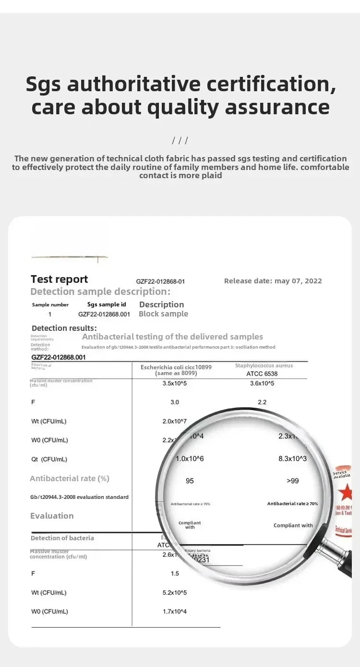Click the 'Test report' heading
pos(59,279)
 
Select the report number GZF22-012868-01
pos(160,281)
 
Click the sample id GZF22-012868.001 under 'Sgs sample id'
pos(104,314)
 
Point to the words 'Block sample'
pos(163,314)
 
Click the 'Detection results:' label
pos(64,328)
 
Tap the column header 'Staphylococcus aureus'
pos(264,365)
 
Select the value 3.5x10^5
pos(174,383)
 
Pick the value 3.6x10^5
pos(262,383)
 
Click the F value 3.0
pos(174,402)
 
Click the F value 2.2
pos(262,402)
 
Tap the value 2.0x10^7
pos(174,421)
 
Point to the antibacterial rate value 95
pos(190,481)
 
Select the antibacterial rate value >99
pos(292,481)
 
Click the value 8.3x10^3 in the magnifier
pos(292,459)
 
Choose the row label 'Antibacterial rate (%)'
pos(70,478)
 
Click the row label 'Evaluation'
pos(52,516)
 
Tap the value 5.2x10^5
pos(174,593)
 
